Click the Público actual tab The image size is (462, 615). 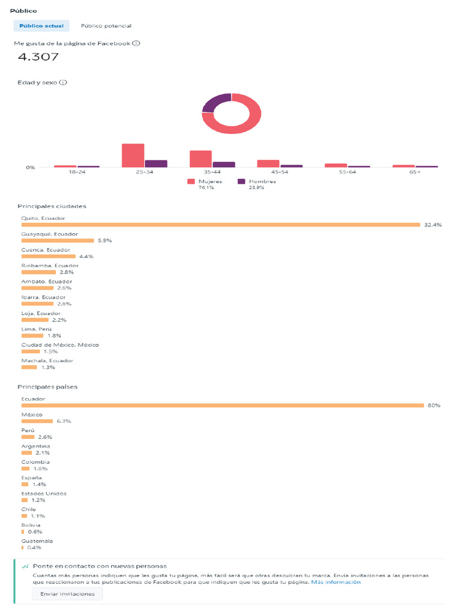pyautogui.click(x=42, y=26)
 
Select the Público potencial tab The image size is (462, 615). pyautogui.click(x=106, y=26)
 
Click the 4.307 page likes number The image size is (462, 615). pyautogui.click(x=38, y=57)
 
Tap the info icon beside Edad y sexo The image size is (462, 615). pyautogui.click(x=63, y=82)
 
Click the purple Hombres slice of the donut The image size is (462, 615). pyautogui.click(x=215, y=102)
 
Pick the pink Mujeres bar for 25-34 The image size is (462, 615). pyautogui.click(x=133, y=156)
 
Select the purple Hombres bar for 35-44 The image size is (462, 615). pyautogui.click(x=224, y=165)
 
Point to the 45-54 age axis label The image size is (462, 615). pyautogui.click(x=280, y=172)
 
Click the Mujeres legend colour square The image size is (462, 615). pyautogui.click(x=191, y=181)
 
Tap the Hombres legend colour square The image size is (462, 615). pyautogui.click(x=241, y=181)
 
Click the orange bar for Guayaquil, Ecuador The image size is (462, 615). pyautogui.click(x=58, y=240)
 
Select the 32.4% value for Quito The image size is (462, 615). pyautogui.click(x=433, y=225)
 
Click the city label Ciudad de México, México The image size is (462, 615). pyautogui.click(x=60, y=345)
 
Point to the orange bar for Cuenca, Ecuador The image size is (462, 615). pyautogui.click(x=48, y=256)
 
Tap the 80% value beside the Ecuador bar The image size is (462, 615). pyautogui.click(x=434, y=405)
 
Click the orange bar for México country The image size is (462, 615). pyautogui.click(x=37, y=421)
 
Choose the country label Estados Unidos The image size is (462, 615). pyautogui.click(x=44, y=494)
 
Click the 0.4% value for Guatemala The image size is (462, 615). pyautogui.click(x=34, y=548)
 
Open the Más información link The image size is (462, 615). pyautogui.click(x=336, y=582)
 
